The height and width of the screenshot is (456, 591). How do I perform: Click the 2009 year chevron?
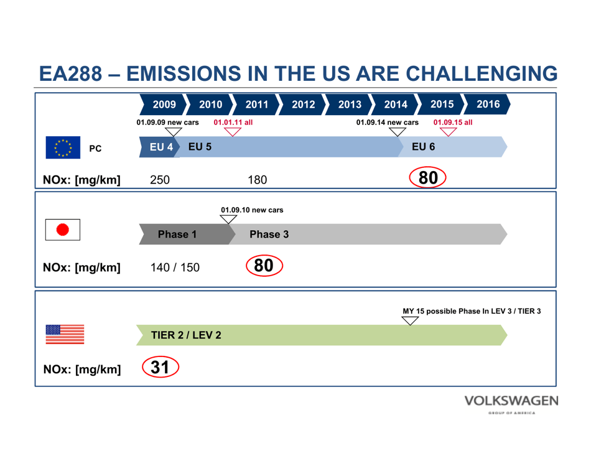tap(164, 105)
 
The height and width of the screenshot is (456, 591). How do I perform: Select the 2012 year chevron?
tap(303, 105)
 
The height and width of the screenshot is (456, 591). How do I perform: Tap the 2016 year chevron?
tap(488, 105)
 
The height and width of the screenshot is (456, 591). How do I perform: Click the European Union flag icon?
tap(63, 148)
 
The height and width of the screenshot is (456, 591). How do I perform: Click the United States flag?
tap(65, 334)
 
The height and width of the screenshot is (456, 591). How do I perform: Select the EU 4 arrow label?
tap(161, 147)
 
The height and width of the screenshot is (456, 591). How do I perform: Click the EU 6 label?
tap(423, 147)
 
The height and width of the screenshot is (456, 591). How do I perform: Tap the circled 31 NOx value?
tap(161, 367)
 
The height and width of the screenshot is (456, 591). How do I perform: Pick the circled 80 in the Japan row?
tap(264, 266)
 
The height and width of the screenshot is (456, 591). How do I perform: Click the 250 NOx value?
tap(160, 180)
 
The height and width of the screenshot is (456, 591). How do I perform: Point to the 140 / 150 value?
tap(175, 268)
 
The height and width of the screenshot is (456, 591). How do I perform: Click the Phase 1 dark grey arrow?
tap(177, 235)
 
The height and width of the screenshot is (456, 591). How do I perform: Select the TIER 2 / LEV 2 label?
tap(186, 335)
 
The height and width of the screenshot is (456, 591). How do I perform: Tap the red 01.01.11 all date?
tap(233, 123)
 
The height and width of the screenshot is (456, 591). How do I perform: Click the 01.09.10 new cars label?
tap(252, 210)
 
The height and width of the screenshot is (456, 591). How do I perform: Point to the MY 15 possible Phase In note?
tap(471, 311)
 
